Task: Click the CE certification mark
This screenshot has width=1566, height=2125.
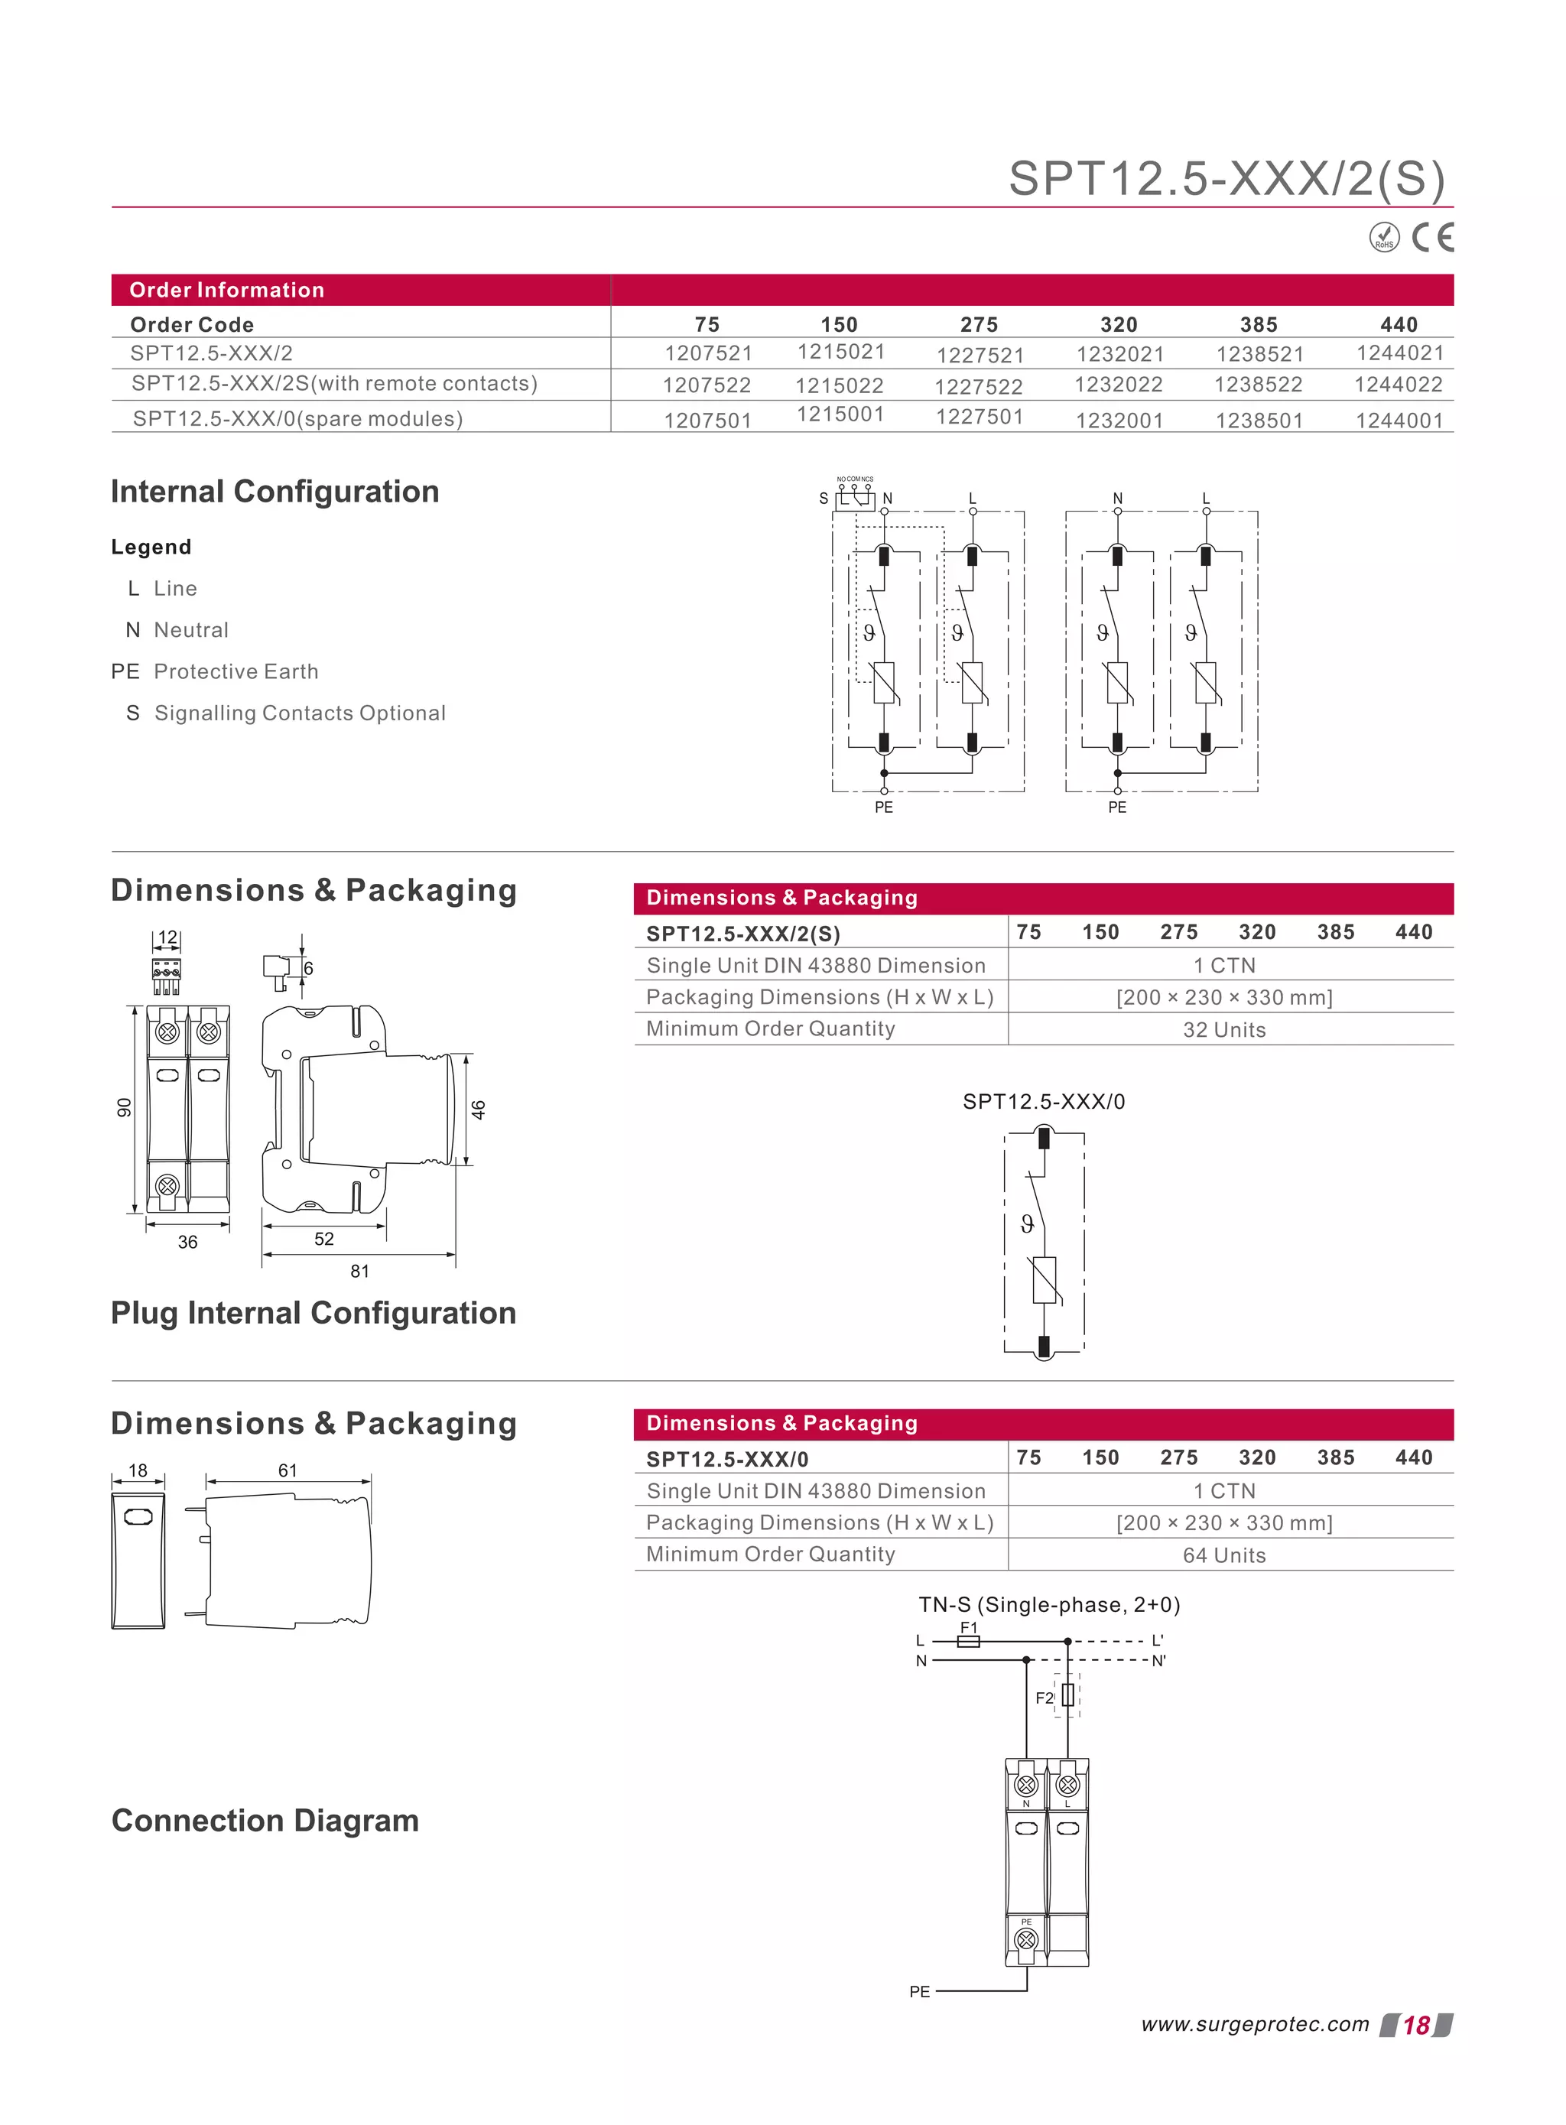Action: pyautogui.click(x=1432, y=237)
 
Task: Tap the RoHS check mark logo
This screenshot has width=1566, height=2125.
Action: pyautogui.click(x=1384, y=237)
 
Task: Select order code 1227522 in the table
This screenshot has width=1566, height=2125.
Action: pyautogui.click(x=978, y=387)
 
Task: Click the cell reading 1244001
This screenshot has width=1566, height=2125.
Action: pyautogui.click(x=1399, y=420)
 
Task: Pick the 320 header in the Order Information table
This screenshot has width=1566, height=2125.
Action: pyautogui.click(x=1119, y=324)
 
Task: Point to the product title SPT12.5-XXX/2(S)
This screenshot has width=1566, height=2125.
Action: pyautogui.click(x=1226, y=178)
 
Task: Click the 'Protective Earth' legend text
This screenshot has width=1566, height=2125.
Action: pyautogui.click(x=236, y=671)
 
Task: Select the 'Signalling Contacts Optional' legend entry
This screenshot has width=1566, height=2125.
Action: pyautogui.click(x=300, y=713)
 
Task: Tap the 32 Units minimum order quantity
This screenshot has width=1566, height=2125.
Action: pyautogui.click(x=1223, y=1029)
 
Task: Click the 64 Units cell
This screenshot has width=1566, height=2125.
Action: pyautogui.click(x=1223, y=1555)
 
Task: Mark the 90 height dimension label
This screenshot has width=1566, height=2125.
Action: pyautogui.click(x=124, y=1107)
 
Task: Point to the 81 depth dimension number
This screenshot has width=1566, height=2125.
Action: pyautogui.click(x=359, y=1271)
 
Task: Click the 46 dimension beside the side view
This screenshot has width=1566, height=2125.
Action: pyautogui.click(x=479, y=1109)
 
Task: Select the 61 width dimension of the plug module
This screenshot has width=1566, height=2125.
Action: pyautogui.click(x=288, y=1470)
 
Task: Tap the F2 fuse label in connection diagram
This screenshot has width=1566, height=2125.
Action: pyautogui.click(x=1044, y=1698)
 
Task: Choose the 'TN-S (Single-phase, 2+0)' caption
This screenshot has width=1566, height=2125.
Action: pyautogui.click(x=1048, y=1605)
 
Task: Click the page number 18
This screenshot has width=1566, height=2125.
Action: pyautogui.click(x=1415, y=2026)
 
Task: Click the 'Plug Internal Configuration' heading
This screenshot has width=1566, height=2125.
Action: pyautogui.click(x=314, y=1313)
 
